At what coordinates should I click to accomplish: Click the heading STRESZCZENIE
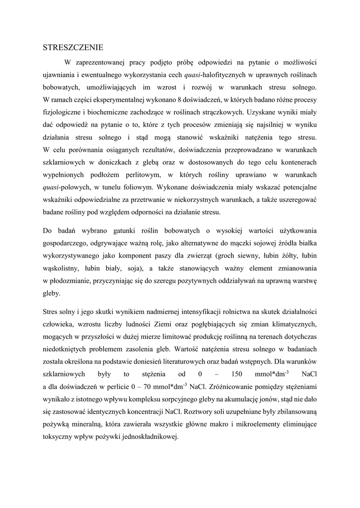coord(72,48)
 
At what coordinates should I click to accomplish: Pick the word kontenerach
coord(296,162)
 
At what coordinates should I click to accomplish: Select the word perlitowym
coord(138,175)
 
